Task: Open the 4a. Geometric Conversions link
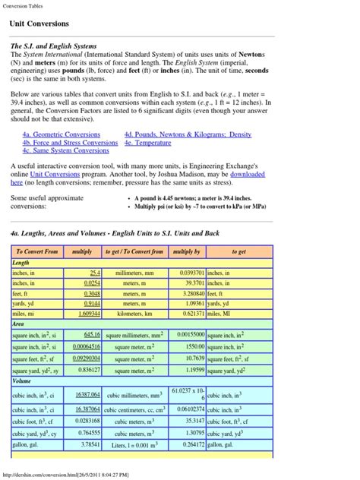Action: pos(61,134)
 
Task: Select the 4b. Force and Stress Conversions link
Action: pos(70,142)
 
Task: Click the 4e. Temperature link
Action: pos(149,142)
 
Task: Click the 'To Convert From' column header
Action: pos(36,251)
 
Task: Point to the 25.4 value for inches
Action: pos(95,272)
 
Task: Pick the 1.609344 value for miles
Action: pos(88,313)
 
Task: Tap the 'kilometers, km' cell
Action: pos(134,313)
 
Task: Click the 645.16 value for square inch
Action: pos(92,334)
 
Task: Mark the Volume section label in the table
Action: pos(22,381)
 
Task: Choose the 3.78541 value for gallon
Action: pos(89,444)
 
